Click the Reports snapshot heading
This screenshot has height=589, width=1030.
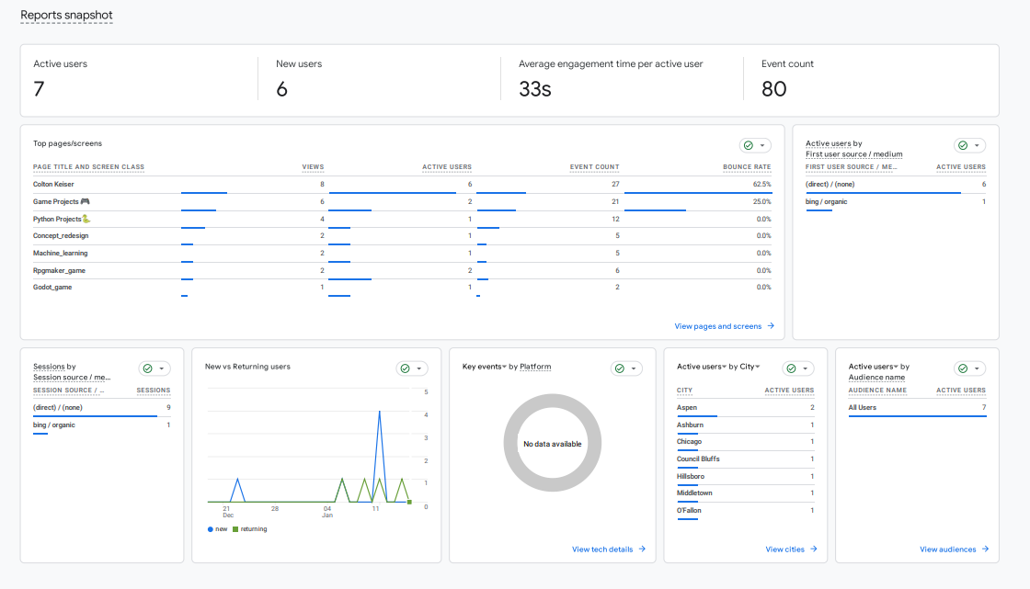coord(66,16)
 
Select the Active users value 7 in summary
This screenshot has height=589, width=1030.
coord(39,89)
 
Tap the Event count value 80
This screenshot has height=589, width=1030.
coord(773,89)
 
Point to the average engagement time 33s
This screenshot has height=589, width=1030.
coord(534,89)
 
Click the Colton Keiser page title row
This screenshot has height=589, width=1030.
coord(53,184)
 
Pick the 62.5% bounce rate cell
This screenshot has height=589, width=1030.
coord(760,184)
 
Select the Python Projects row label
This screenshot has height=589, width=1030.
coord(57,219)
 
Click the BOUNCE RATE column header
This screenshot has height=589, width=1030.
coord(747,167)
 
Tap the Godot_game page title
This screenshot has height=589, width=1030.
coord(52,287)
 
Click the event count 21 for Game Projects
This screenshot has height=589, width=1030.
coord(615,201)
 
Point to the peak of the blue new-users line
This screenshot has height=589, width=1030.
coord(379,412)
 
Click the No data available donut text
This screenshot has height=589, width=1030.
coord(552,444)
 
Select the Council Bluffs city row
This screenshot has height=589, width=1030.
coord(698,459)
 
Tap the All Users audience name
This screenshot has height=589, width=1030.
coord(862,407)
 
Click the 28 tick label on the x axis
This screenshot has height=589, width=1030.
coord(274,508)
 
